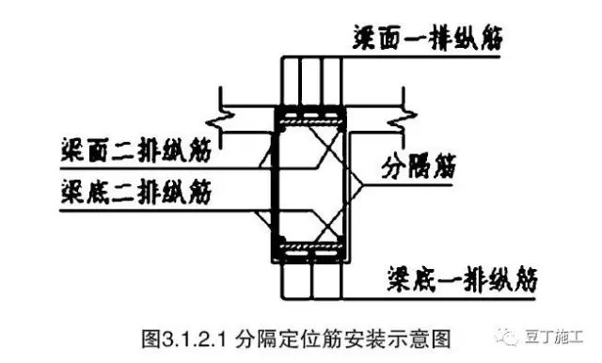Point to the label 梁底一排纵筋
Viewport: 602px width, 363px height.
(x=461, y=278)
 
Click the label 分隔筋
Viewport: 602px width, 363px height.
(x=417, y=170)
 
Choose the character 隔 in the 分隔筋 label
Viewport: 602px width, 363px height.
(x=417, y=170)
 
